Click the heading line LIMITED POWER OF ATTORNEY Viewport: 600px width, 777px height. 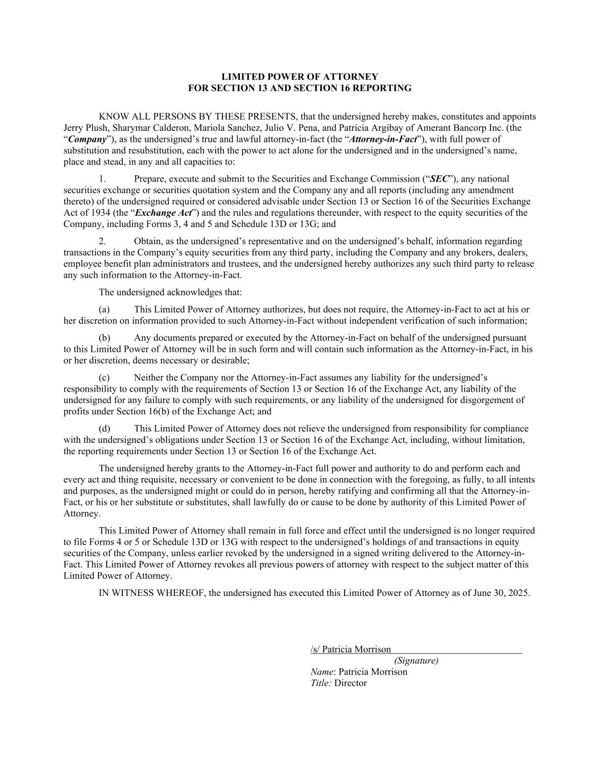[x=300, y=77]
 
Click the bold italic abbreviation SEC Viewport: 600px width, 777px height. [x=438, y=179]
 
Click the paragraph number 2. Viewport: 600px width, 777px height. [x=102, y=241]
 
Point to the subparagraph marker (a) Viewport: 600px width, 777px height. [x=104, y=310]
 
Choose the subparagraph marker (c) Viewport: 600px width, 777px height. [x=104, y=377]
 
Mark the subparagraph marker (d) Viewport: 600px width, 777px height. [x=104, y=429]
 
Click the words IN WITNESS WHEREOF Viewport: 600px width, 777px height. [x=152, y=593]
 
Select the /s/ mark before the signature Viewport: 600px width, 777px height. [x=315, y=649]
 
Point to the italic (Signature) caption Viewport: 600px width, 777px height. [x=416, y=661]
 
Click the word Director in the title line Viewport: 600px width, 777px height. [x=350, y=683]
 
